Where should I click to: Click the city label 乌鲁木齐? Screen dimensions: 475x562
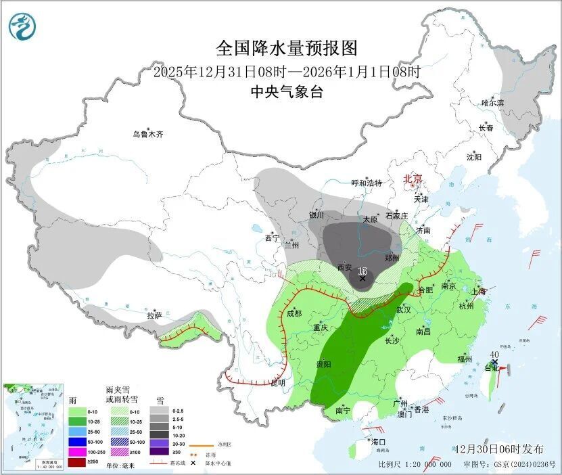click(x=148, y=135)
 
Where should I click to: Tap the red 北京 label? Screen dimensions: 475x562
click(x=413, y=179)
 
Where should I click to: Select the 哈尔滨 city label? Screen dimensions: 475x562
click(x=492, y=103)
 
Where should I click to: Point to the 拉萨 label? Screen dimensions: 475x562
click(x=154, y=315)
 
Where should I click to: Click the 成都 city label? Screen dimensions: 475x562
click(x=294, y=313)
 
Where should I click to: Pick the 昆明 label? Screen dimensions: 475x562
click(x=278, y=383)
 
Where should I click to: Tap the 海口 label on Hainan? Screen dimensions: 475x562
click(x=378, y=442)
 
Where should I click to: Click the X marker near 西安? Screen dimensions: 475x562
click(x=362, y=278)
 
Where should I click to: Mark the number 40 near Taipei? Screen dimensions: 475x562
click(x=495, y=354)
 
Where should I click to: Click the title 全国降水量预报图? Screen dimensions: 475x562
click(x=286, y=48)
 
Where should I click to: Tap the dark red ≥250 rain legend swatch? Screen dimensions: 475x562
click(x=78, y=462)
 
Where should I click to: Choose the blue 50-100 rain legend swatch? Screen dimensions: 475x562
click(x=78, y=441)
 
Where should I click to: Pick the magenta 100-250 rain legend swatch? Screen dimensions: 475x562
click(x=78, y=451)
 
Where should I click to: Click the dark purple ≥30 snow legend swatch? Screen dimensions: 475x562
click(x=159, y=452)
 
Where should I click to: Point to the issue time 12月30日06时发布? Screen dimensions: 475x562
click(x=499, y=449)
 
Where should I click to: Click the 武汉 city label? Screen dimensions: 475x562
click(x=403, y=309)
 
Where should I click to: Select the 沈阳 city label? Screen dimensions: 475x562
click(x=473, y=157)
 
